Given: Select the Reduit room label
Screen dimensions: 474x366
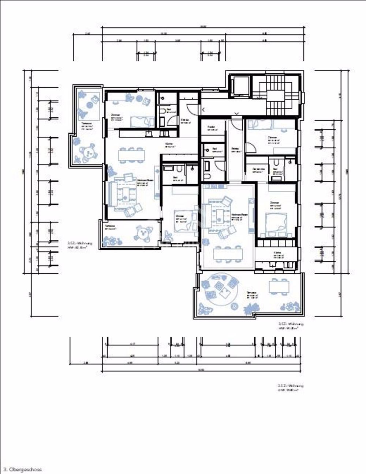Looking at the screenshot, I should coord(211,128).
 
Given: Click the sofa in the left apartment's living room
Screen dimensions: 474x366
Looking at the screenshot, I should coord(112,194).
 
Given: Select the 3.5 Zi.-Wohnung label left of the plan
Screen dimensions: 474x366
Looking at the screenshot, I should coord(80,243).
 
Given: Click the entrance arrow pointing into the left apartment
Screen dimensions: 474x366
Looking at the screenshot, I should coord(204,109).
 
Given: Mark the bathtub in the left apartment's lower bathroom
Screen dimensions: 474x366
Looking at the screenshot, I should coord(169,168).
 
